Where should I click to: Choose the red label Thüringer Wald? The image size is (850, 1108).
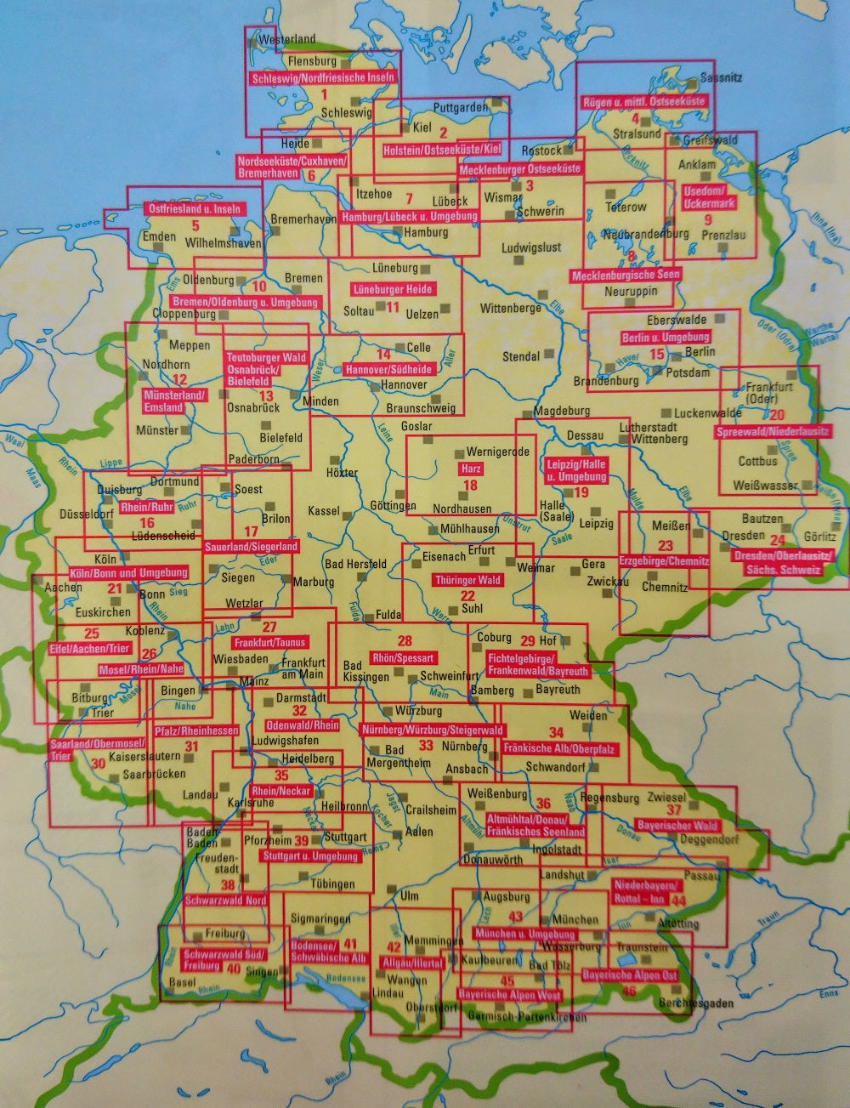tap(467, 580)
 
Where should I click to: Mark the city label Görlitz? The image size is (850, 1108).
tap(819, 537)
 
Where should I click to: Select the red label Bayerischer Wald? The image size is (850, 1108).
tap(678, 825)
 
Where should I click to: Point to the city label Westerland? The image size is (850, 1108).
tap(286, 39)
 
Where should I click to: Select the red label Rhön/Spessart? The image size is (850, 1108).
tap(403, 657)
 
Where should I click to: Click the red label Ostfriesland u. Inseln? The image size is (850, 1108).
tap(195, 208)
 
